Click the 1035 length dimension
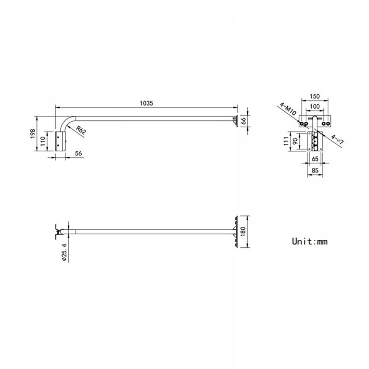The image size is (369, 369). click(146, 103)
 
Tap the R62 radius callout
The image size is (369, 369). click(81, 130)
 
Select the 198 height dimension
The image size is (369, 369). click(33, 133)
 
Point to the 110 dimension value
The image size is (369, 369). click(43, 141)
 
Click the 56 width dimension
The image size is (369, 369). click(78, 154)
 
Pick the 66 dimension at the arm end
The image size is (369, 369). click(244, 121)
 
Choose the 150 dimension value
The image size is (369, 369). click(315, 96)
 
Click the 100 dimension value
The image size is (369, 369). click(315, 107)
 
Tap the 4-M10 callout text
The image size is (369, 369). click(288, 109)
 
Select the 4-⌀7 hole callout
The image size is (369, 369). click(338, 139)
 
